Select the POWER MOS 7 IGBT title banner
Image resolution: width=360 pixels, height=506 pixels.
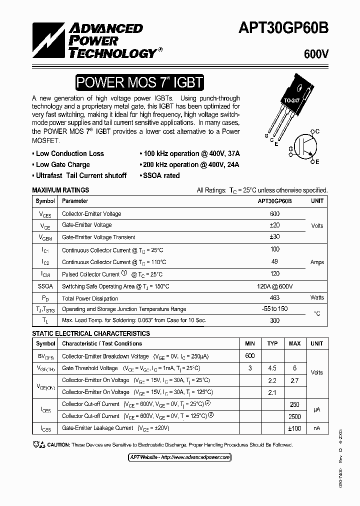point(139,82)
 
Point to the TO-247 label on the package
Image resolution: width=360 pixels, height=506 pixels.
point(292,100)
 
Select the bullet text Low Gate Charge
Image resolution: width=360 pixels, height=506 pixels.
point(63,164)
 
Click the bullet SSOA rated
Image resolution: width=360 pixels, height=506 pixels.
point(161,175)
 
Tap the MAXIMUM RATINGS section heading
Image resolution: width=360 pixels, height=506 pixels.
point(60,190)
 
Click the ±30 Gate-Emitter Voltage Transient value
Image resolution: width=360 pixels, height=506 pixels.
point(274,237)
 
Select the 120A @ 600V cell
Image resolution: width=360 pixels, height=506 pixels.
point(274,286)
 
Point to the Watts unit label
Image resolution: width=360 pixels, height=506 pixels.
point(317,297)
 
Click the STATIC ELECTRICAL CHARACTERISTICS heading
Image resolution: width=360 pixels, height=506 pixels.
point(90,333)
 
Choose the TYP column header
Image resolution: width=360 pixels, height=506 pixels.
point(272,343)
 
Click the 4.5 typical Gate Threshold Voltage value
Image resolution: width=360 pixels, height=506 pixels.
point(272,368)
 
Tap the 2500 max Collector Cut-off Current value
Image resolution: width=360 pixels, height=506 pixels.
point(294,416)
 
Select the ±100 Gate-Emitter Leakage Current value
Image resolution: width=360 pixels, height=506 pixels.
point(294,428)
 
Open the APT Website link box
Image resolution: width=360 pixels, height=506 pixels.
point(176,457)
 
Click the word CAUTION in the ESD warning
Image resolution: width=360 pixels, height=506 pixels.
point(59,444)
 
